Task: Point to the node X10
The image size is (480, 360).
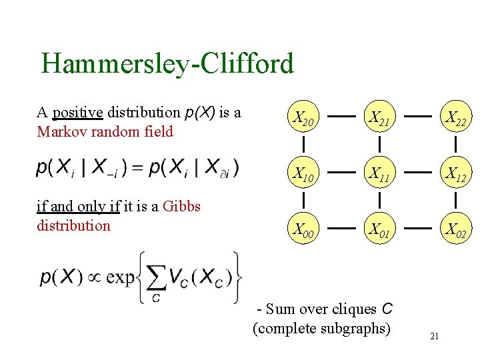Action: click(x=303, y=176)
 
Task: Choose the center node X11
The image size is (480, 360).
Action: click(x=380, y=176)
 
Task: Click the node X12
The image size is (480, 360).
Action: click(x=456, y=176)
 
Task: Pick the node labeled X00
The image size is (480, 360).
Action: click(x=303, y=231)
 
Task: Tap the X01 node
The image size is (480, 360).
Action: click(x=380, y=231)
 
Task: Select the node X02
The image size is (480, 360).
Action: click(x=456, y=231)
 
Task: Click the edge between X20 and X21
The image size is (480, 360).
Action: click(x=341, y=117)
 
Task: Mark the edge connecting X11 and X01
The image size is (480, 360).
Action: click(x=379, y=199)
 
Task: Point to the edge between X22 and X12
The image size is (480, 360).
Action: click(x=455, y=143)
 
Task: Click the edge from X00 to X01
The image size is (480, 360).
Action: click(x=341, y=228)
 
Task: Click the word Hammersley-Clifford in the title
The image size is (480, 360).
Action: click(x=167, y=64)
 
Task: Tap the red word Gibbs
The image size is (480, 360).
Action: click(x=181, y=206)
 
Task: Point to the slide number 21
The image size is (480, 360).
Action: click(x=434, y=336)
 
